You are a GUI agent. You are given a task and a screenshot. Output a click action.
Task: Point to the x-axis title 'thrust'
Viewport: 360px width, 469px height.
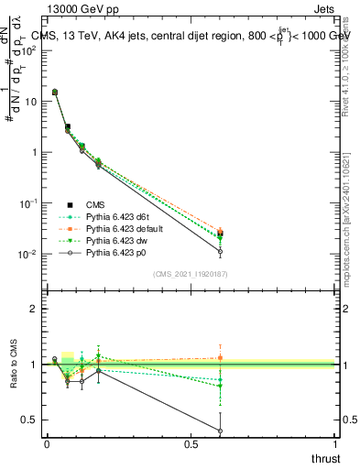[326, 458]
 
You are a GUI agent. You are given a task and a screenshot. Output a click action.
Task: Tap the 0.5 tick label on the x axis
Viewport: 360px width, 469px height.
[191, 443]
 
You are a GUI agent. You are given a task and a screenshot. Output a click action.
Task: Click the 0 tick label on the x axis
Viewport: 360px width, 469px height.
[46, 443]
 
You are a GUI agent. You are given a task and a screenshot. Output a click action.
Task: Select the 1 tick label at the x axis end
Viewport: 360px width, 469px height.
[336, 443]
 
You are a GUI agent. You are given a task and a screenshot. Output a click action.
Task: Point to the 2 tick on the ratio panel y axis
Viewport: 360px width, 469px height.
[33, 309]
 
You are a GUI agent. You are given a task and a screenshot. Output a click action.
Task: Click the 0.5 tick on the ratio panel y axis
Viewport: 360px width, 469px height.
[29, 420]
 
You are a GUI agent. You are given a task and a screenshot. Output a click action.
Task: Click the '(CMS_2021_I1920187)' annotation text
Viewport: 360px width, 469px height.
[191, 274]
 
